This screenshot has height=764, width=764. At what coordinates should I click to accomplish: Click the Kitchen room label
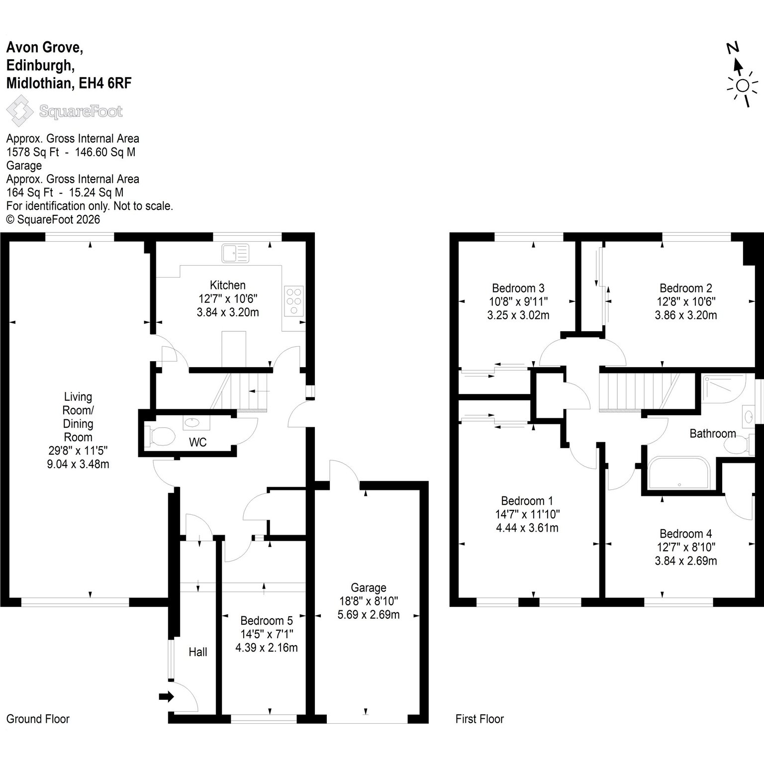[x=228, y=285]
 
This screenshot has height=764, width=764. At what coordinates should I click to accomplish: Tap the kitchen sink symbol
[x=235, y=253]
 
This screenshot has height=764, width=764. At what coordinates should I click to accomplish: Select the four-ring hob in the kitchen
[x=293, y=301]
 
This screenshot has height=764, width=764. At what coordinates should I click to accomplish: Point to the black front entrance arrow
[x=166, y=697]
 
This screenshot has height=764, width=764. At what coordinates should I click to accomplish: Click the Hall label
[x=198, y=652]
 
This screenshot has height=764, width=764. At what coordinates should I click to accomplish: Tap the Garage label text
[x=369, y=587]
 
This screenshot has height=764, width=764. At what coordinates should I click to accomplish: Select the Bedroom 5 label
[x=267, y=621]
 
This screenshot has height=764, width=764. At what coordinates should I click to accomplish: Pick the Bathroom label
[x=713, y=433]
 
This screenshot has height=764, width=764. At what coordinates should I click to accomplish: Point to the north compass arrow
[x=738, y=65]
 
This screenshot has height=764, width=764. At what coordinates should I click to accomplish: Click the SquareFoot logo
[x=65, y=111]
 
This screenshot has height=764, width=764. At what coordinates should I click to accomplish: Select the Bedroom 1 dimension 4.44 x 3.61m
[x=527, y=528]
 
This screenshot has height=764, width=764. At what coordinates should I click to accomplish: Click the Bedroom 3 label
[x=518, y=288]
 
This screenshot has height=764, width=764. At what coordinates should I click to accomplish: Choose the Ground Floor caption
[x=38, y=719]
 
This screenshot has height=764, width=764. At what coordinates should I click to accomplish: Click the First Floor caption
[x=479, y=719]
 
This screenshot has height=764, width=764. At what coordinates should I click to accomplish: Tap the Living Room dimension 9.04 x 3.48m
[x=78, y=464]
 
